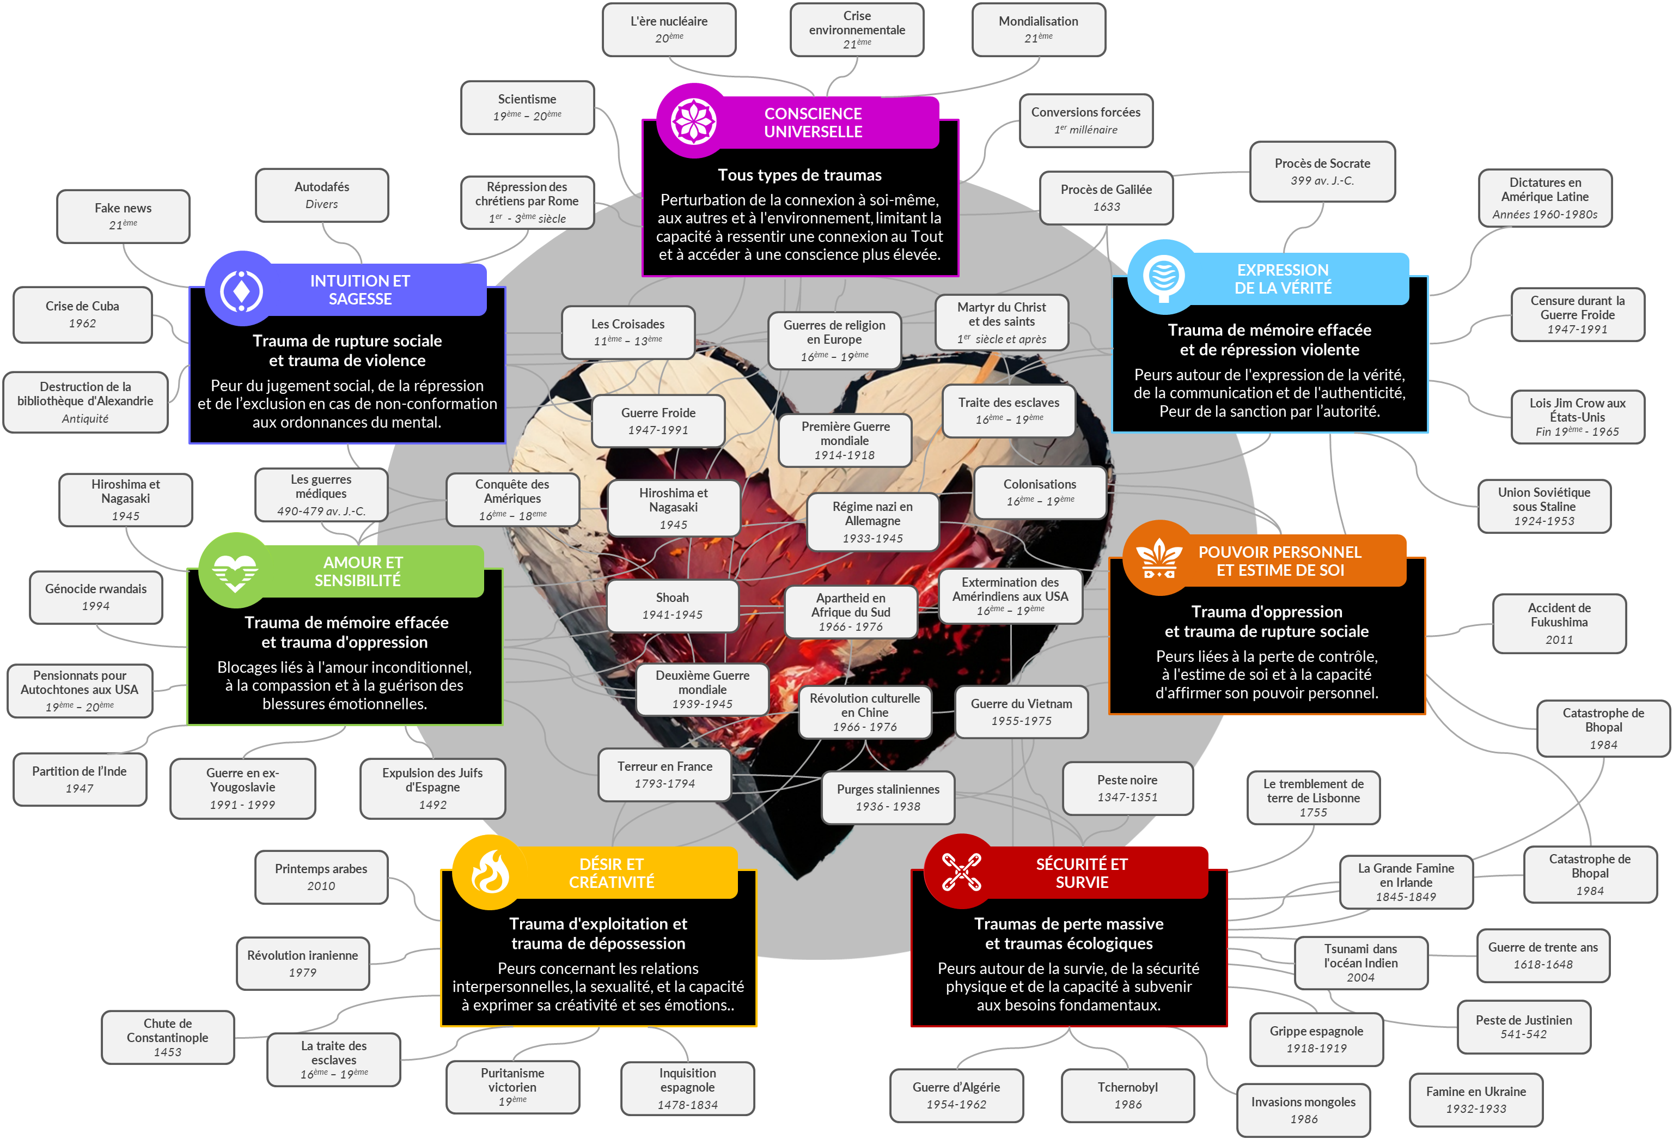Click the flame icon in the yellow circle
point(490,872)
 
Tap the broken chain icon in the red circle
point(961,872)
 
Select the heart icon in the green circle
point(235,571)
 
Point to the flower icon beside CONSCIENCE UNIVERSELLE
point(693,121)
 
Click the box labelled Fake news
point(123,216)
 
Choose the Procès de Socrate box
point(1322,172)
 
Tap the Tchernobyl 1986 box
point(1127,1095)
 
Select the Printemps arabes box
point(321,877)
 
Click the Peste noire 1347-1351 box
point(1127,788)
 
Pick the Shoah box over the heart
point(673,606)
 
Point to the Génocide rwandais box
point(96,597)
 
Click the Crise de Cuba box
point(82,315)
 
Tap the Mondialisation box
point(1038,29)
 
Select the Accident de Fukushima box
point(1559,624)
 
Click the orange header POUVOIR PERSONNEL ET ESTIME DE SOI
point(1279,561)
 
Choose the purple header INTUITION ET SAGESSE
point(360,289)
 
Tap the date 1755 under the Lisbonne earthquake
point(1313,812)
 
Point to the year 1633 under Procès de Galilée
point(1107,206)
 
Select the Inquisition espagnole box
point(687,1088)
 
